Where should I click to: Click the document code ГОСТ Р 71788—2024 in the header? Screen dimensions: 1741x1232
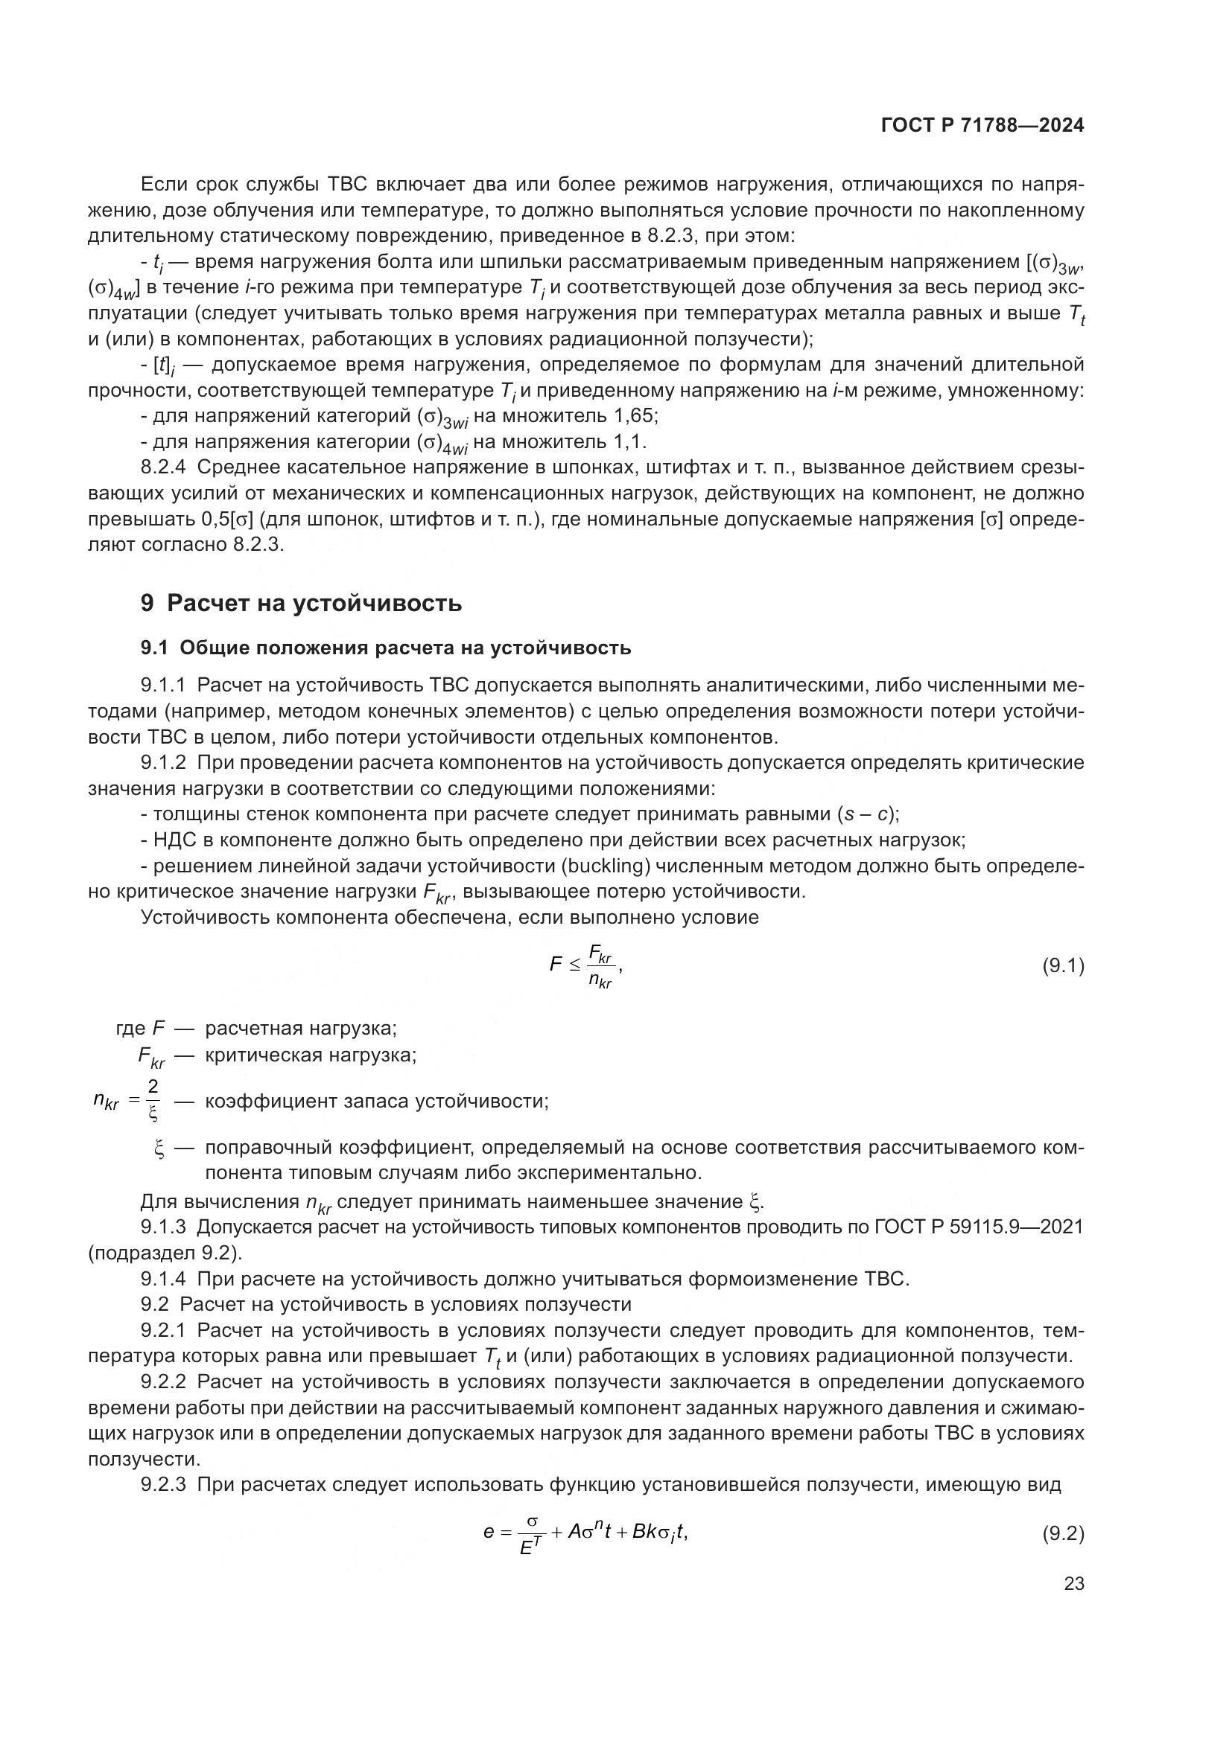[x=982, y=126]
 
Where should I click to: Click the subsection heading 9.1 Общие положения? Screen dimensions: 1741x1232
[x=385, y=648]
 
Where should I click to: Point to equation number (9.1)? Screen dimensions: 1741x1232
[x=1063, y=966]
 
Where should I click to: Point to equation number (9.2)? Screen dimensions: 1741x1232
[x=1063, y=1533]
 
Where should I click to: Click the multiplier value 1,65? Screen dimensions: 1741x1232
[x=633, y=415]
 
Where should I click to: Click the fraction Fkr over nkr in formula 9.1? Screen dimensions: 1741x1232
[x=601, y=967]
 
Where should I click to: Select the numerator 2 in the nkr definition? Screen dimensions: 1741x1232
[x=153, y=1087]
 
